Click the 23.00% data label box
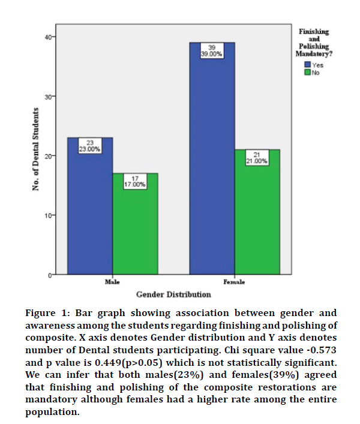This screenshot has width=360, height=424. coord(90,146)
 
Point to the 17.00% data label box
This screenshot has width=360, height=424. coord(136,182)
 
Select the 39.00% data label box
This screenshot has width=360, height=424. coord(211,50)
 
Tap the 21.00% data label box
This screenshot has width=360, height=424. coord(257,158)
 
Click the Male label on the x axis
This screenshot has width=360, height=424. coord(112,281)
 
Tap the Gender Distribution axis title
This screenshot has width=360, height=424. coord(173,294)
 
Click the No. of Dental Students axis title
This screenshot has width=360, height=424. coord(37,150)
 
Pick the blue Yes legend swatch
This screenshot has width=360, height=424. coord(307,64)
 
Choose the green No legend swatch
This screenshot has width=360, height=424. coord(307,73)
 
